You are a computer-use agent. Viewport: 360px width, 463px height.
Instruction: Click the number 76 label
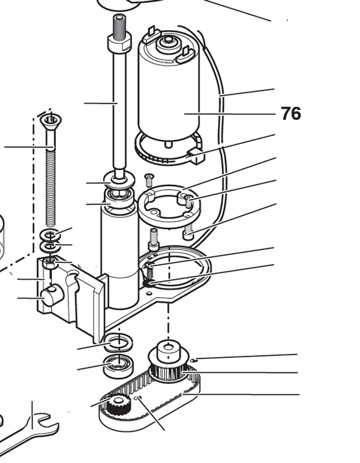tap(291, 114)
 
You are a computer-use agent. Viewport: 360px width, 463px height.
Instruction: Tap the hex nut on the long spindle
tap(119, 43)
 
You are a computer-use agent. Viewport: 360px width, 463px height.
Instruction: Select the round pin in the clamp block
tap(52, 295)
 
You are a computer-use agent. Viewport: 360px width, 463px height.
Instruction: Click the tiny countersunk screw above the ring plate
tap(149, 178)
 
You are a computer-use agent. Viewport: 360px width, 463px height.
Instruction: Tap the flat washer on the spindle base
tap(119, 179)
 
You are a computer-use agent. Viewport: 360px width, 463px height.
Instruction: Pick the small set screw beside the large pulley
tap(194, 360)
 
